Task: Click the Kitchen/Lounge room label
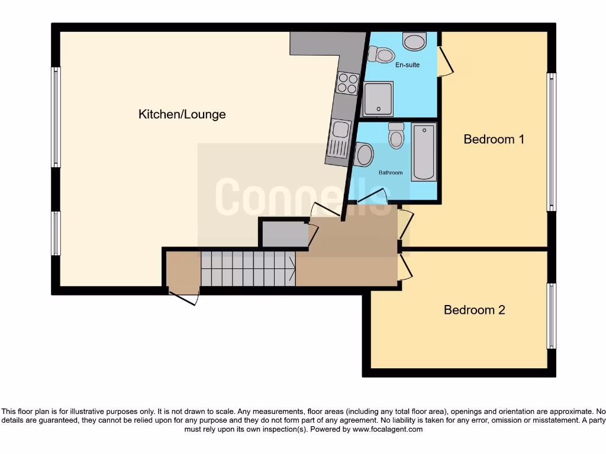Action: point(182,114)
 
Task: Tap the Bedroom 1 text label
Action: point(494,140)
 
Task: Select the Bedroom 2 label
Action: point(474,310)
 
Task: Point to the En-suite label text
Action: point(407,64)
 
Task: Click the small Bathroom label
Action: point(391,173)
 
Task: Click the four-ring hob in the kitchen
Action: point(347,83)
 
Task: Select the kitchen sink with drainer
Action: point(340,138)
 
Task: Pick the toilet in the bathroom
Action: point(397,136)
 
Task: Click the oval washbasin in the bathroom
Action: point(363,155)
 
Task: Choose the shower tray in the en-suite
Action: point(377,99)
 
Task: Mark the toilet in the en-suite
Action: point(381,55)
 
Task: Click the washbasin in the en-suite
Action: point(414,41)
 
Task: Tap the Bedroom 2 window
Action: point(551,316)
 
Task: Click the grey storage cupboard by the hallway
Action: point(284,233)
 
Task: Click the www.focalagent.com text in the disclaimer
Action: point(387,429)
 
